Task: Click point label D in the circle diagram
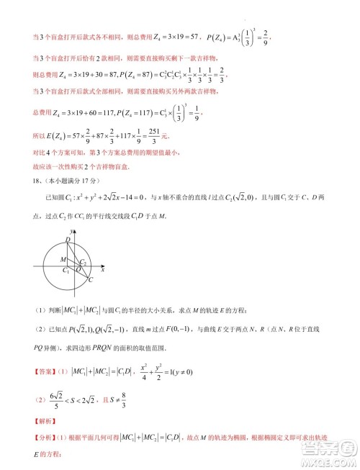tap(67, 238)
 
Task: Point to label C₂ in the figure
tap(84, 262)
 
